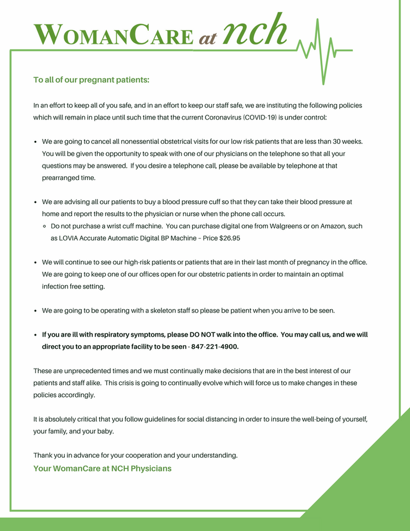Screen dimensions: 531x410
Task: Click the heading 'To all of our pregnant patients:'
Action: click(91, 80)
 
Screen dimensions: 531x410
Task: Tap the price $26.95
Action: click(229, 238)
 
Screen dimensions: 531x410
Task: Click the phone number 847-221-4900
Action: click(215, 347)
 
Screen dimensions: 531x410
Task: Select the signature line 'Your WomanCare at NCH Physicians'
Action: click(102, 468)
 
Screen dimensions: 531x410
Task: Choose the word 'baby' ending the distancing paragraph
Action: click(104, 431)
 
